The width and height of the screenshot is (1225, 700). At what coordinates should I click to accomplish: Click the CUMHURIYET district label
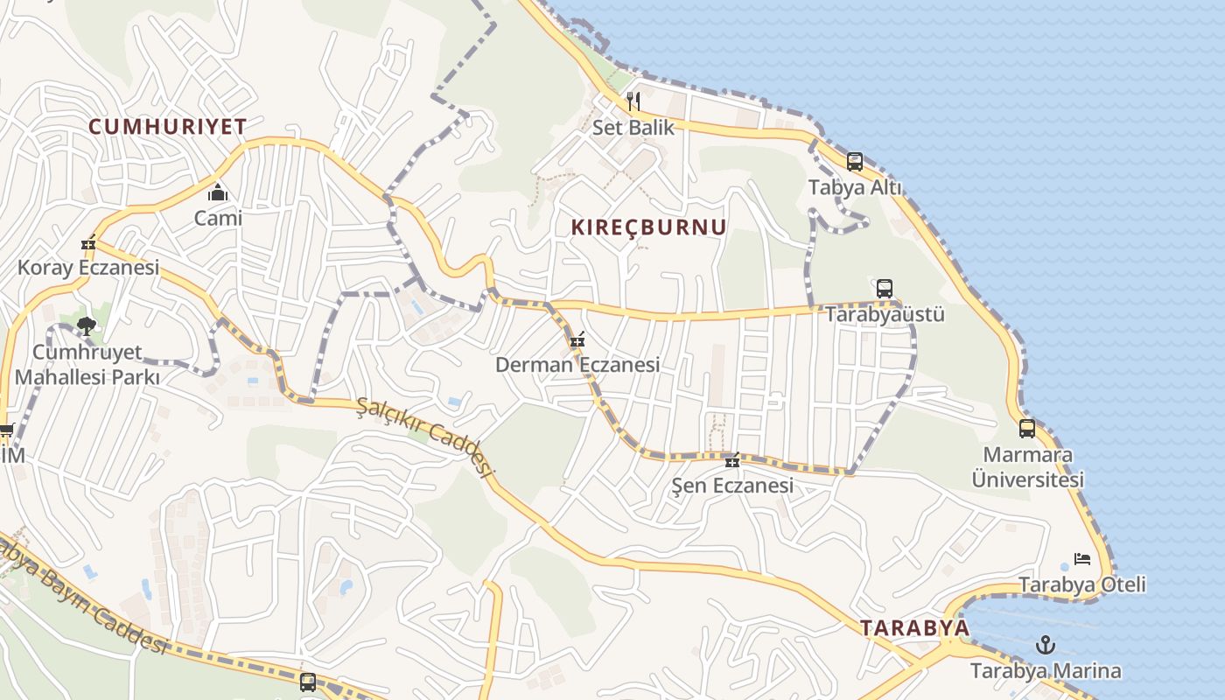click(167, 126)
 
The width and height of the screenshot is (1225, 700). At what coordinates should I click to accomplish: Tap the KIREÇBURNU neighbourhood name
click(648, 227)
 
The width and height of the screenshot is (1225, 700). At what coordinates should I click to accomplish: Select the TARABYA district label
click(914, 627)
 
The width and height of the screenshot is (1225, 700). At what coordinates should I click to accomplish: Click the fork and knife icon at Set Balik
click(633, 101)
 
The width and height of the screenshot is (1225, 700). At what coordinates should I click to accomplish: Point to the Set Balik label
click(633, 128)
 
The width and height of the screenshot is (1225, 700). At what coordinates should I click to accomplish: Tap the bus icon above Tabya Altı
click(854, 162)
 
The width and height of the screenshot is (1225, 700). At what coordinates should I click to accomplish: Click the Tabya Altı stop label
click(854, 187)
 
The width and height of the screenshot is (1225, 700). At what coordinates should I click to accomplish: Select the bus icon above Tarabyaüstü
click(885, 288)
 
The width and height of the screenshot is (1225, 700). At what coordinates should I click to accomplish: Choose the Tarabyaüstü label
click(885, 313)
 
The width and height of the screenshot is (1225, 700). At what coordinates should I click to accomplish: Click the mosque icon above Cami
click(218, 192)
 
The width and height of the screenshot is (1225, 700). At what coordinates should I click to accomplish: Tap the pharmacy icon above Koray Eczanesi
click(88, 242)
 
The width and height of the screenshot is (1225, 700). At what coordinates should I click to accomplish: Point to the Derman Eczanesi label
click(577, 365)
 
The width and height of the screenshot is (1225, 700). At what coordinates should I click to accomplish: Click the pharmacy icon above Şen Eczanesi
click(732, 460)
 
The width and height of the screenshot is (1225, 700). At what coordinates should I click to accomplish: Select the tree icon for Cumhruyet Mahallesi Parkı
click(86, 326)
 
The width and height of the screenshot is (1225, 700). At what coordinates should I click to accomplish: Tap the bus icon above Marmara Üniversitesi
click(1027, 429)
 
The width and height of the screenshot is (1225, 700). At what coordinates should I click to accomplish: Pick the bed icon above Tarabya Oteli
click(1082, 559)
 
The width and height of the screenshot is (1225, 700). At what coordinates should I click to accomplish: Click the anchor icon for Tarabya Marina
click(1046, 646)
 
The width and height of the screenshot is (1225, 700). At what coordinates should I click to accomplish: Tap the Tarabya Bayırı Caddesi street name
click(83, 595)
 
